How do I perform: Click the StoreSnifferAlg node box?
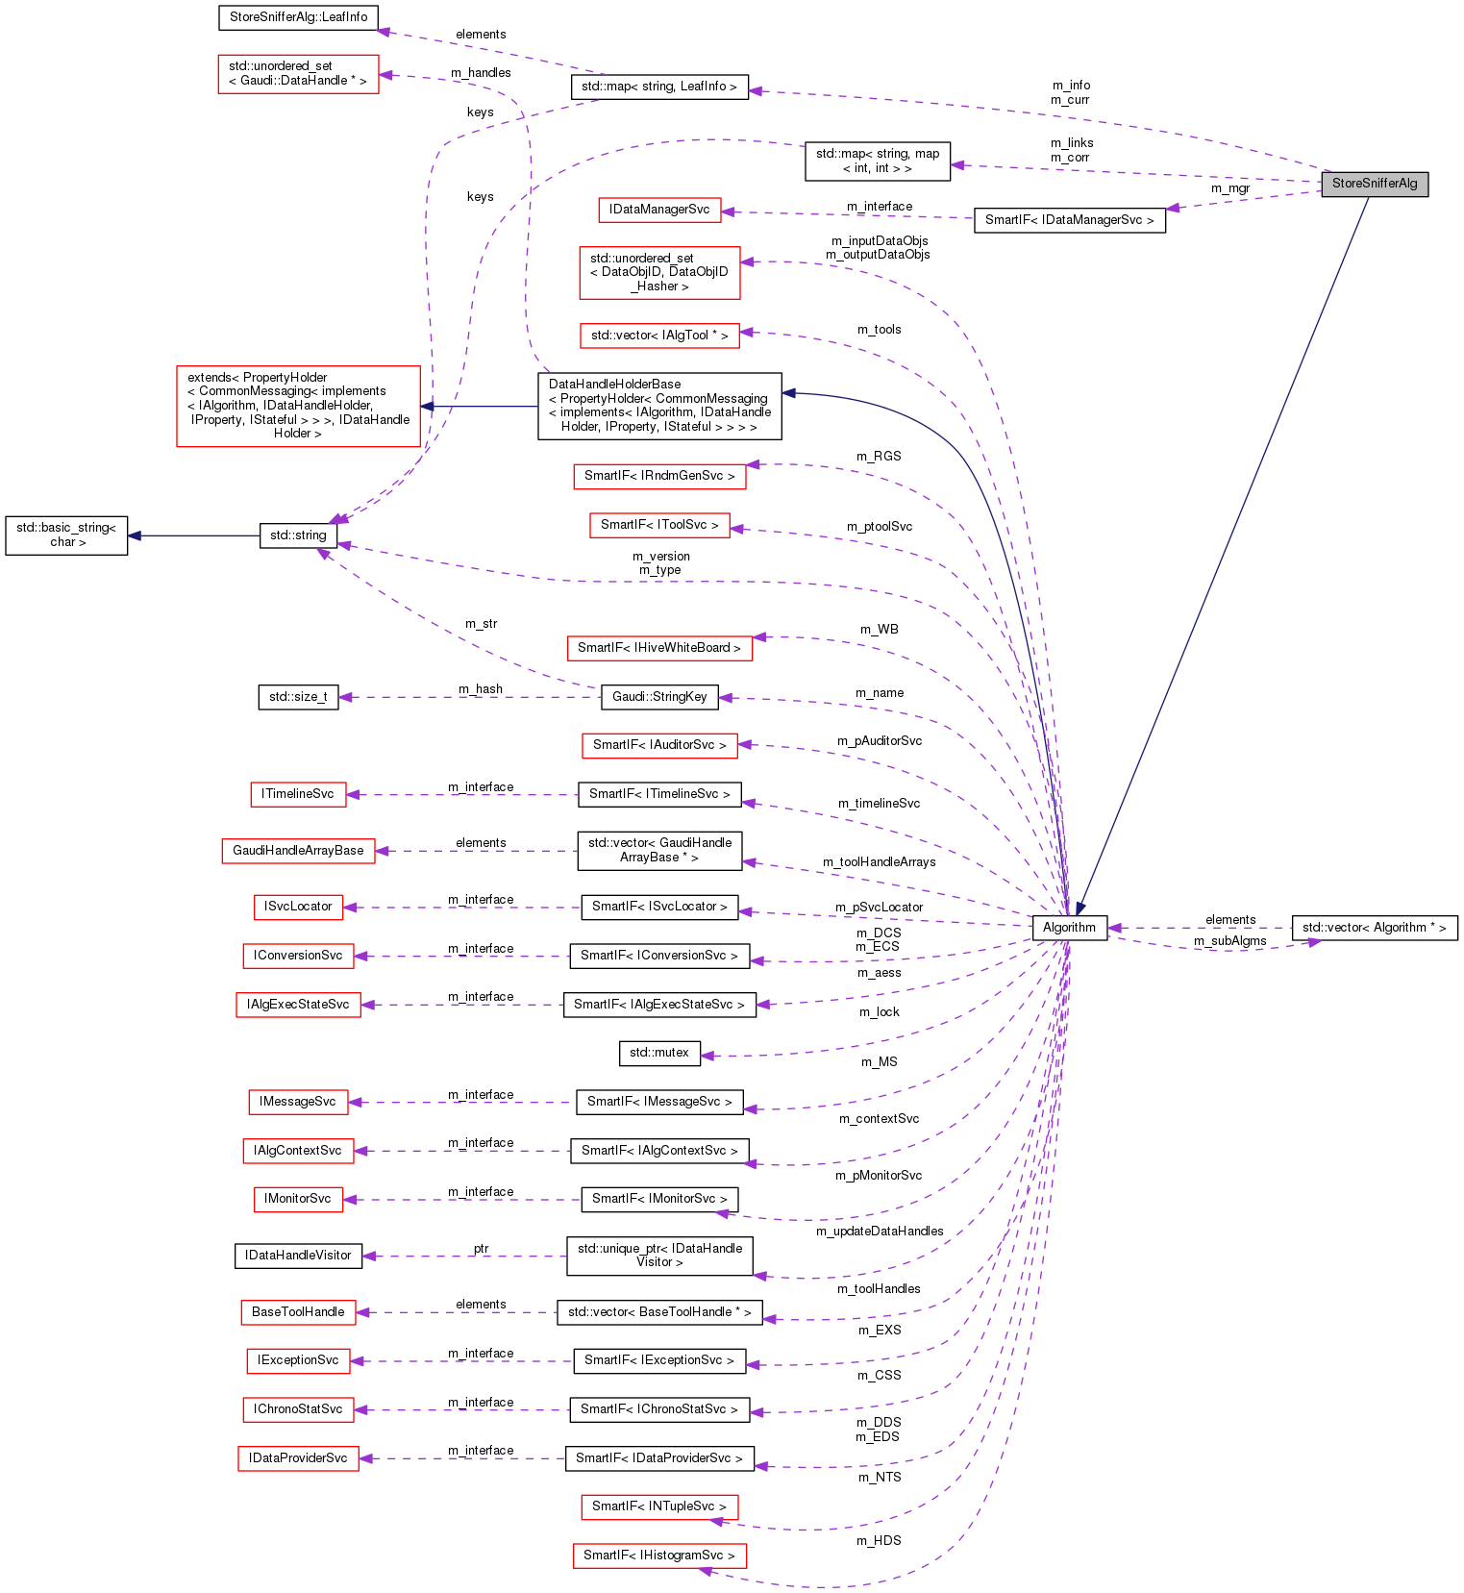tap(1374, 184)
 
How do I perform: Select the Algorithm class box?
tap(1069, 928)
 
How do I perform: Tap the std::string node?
tap(298, 535)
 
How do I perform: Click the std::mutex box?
tap(659, 1053)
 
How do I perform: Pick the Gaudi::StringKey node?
tap(659, 697)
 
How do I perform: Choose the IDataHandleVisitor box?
tap(298, 1256)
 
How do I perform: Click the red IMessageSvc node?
tap(298, 1102)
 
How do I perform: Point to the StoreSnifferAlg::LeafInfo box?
tap(298, 17)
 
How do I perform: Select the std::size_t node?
tap(298, 697)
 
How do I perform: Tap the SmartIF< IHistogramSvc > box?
tap(659, 1556)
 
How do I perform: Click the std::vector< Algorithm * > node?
tap(1374, 928)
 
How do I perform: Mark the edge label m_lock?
tap(880, 1012)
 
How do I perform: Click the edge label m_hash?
tap(481, 689)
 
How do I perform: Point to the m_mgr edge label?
tap(1230, 188)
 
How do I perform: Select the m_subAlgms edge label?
tap(1230, 941)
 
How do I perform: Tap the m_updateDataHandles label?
tap(880, 1232)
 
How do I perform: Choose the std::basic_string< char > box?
tap(66, 535)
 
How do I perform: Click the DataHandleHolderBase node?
tap(659, 406)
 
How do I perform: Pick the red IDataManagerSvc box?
tap(659, 210)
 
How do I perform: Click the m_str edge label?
tap(481, 624)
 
